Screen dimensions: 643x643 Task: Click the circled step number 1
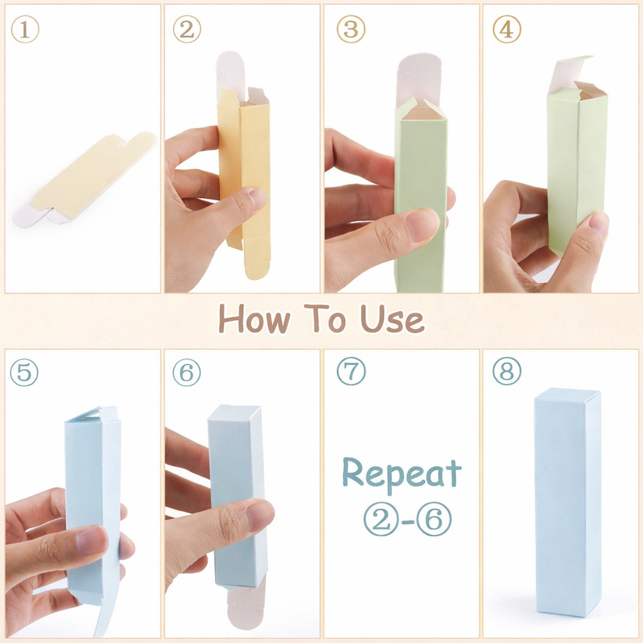[25, 29]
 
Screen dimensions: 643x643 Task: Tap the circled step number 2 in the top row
[187, 29]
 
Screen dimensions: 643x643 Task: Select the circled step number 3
[351, 29]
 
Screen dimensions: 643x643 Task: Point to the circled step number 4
[507, 29]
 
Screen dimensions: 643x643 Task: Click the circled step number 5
[24, 372]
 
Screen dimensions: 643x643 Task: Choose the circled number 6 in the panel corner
[187, 372]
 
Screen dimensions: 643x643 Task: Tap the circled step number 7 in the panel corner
[351, 371]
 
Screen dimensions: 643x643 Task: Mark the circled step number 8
[507, 371]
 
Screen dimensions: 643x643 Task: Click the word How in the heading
[255, 319]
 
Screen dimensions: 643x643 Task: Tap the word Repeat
[402, 474]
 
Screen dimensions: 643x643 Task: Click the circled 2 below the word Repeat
[381, 519]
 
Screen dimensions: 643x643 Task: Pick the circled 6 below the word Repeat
[434, 519]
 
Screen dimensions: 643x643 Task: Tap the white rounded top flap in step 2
[230, 74]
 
